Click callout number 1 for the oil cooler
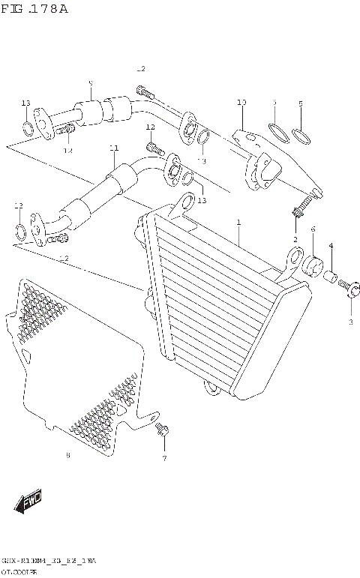coord(238,223)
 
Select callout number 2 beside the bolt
coord(295,240)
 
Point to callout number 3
coord(349,322)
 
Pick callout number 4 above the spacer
coord(331,246)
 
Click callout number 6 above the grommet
coord(312,230)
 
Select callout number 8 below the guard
coord(67,455)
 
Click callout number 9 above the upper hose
coord(90,83)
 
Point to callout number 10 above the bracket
coord(241,102)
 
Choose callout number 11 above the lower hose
coord(113,148)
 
